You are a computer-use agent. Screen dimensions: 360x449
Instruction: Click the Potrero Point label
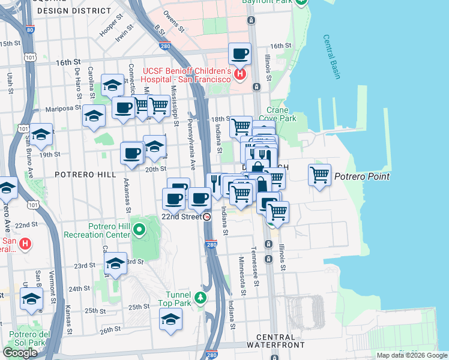[x=362, y=176]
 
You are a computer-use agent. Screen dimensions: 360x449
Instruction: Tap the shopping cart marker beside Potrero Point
[x=319, y=175]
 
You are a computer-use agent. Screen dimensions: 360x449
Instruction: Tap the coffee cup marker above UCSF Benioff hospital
[x=240, y=55]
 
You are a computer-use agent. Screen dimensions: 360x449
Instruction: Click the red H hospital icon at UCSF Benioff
[x=240, y=74]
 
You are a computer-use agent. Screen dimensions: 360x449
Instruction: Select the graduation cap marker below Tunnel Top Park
[x=171, y=319]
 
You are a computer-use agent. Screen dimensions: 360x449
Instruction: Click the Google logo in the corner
[x=20, y=353]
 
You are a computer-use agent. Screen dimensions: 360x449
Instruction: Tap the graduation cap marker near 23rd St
[x=115, y=263]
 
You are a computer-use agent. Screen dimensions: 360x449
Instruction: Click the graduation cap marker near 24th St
[x=31, y=299]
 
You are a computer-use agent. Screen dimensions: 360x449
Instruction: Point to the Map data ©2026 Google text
[x=411, y=355]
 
